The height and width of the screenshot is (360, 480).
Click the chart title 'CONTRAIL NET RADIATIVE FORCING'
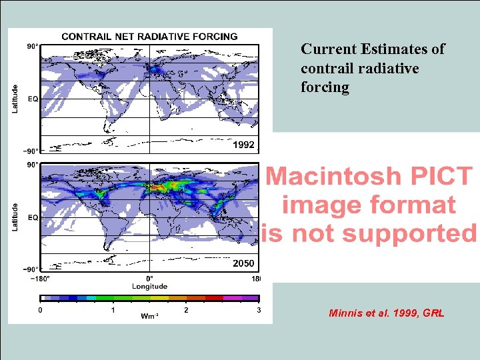[149, 37]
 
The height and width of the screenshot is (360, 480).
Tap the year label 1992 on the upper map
[243, 145]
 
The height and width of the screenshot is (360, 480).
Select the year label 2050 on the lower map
[243, 263]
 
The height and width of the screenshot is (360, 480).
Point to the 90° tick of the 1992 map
[32, 47]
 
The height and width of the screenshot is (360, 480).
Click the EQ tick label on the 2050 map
[32, 217]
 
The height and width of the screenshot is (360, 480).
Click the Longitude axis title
[149, 287]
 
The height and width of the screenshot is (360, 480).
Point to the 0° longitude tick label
[149, 278]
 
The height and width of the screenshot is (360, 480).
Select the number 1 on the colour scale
[113, 310]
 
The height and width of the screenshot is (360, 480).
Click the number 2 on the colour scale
[186, 310]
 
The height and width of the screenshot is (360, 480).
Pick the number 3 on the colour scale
[259, 310]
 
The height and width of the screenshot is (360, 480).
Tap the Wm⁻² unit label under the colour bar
[149, 315]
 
